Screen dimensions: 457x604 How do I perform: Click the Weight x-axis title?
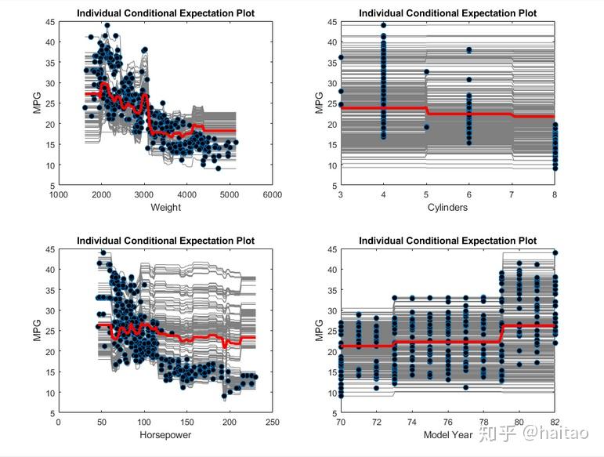165,208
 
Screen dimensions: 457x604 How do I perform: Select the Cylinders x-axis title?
448,208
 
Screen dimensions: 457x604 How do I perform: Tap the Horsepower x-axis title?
165,435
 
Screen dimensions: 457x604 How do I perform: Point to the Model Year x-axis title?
447,435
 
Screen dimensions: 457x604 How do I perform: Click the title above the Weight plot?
165,13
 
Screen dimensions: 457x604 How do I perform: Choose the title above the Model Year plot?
447,241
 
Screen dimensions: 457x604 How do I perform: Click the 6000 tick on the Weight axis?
273,195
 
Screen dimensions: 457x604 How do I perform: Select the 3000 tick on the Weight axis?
143,195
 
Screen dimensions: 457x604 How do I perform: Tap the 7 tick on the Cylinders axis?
512,195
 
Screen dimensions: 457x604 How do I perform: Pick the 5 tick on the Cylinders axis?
427,195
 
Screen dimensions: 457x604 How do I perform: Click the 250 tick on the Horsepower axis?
273,423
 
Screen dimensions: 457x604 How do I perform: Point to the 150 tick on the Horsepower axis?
186,423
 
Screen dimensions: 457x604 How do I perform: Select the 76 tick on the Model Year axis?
448,423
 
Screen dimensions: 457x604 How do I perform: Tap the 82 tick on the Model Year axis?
555,423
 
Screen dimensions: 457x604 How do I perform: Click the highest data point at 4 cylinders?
384,26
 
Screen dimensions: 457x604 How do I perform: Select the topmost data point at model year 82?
555,252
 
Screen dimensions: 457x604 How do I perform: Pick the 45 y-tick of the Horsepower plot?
50,250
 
